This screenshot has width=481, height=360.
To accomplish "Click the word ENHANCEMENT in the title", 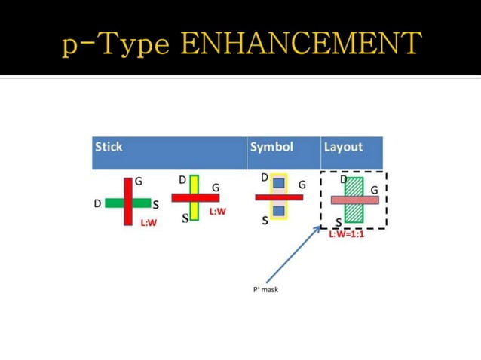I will point(301,44).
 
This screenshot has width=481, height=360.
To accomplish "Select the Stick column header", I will point(109,147).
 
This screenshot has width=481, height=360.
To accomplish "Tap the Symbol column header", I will point(271,147).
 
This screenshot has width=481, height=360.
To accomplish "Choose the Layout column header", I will point(343,147).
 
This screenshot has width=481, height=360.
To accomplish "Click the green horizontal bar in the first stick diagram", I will point(113,203).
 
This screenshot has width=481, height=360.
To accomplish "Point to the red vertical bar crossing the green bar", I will point(128,188).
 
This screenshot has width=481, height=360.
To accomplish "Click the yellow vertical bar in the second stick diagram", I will point(194,185).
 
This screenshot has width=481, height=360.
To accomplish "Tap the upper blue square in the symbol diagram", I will point(279,183).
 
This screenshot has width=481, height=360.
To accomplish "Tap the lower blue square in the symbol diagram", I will point(279,211).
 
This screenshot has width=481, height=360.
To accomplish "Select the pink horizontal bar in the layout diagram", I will point(354,200).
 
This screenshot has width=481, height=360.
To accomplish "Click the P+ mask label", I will point(265,289).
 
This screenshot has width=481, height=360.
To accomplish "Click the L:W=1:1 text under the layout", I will point(346,234).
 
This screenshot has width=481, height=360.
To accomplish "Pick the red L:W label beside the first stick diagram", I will point(149,223).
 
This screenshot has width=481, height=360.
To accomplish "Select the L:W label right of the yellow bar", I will point(217,212).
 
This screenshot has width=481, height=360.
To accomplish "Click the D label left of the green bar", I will point(97,203).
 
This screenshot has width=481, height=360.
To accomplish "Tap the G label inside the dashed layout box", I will point(374,191).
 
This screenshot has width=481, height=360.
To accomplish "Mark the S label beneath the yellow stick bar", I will point(185,219).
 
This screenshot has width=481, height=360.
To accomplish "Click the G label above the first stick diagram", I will point(139,182).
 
